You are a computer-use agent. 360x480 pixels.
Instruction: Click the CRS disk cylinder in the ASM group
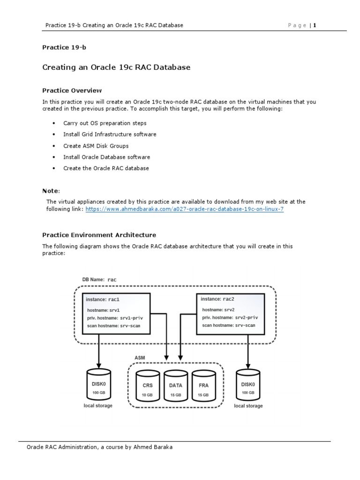148,386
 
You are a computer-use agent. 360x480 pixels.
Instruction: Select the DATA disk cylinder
176,386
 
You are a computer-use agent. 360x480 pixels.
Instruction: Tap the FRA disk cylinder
203,386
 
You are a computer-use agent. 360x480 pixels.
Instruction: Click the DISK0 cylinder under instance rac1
98,385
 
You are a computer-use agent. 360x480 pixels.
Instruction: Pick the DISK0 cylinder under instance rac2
248,385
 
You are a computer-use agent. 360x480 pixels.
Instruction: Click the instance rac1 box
116,314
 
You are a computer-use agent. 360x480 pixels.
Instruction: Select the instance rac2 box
230,314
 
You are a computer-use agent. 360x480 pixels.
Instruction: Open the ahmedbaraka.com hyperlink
184,209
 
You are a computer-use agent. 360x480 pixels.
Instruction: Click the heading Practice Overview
72,90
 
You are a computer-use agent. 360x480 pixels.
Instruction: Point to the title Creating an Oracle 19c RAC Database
116,67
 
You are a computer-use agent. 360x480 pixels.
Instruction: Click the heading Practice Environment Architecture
99,235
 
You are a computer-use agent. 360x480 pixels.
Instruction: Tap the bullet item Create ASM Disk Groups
96,146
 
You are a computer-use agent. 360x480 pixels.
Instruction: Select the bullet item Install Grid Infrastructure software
110,135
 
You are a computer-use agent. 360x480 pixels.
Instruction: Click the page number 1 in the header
315,25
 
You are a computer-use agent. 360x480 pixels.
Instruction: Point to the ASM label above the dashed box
140,357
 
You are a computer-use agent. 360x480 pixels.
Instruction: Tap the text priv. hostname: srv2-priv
230,317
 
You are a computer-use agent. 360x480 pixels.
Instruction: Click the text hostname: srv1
104,310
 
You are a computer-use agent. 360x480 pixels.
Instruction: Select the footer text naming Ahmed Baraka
99,447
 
